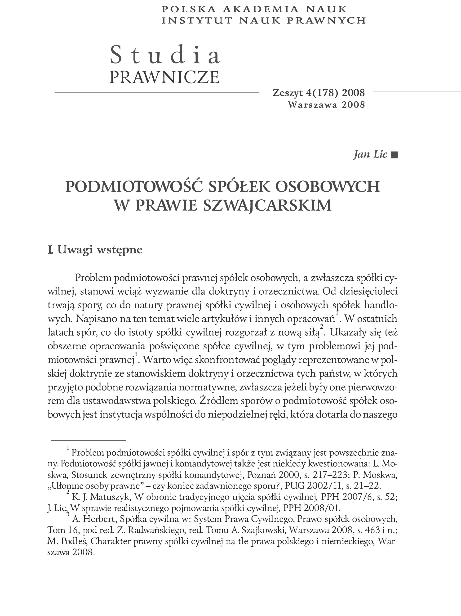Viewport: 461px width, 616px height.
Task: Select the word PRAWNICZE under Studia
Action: tap(164, 77)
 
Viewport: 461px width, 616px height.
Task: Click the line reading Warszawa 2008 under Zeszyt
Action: tap(326, 105)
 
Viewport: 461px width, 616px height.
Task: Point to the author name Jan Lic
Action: tap(370, 154)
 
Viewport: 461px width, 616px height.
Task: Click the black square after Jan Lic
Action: tap(394, 155)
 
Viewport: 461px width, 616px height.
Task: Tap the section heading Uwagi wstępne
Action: tap(100, 250)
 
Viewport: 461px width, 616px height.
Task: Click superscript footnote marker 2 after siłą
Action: tap(322, 327)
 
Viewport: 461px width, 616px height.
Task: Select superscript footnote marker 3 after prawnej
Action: tap(136, 354)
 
